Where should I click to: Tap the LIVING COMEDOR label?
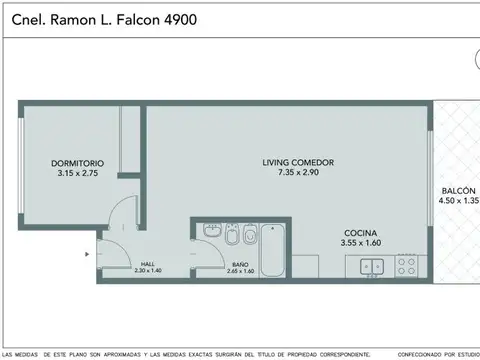coord(298,163)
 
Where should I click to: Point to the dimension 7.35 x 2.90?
coord(298,173)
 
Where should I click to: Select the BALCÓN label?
coord(458,190)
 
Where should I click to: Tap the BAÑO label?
coord(240,264)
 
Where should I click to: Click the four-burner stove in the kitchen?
coord(407,266)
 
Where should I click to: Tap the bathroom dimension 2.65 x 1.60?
coord(240,271)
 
